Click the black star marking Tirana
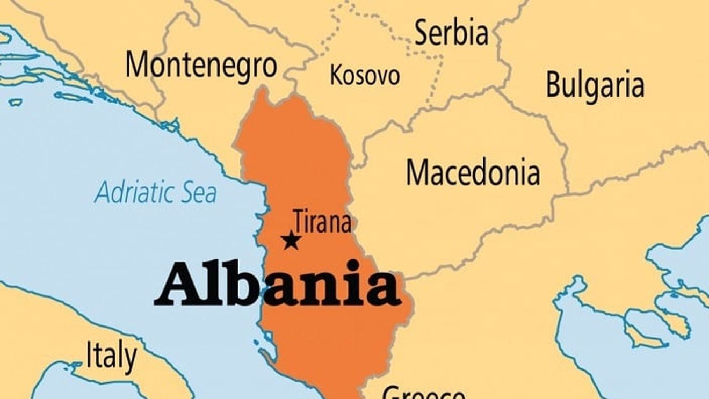click(x=291, y=240)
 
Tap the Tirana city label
click(x=322, y=222)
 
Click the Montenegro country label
click(x=201, y=65)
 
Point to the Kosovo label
click(x=365, y=75)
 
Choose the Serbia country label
click(x=452, y=33)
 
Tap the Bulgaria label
click(x=595, y=85)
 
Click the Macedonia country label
click(x=473, y=173)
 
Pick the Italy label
click(x=111, y=356)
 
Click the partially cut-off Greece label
click(x=423, y=393)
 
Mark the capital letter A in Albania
click(x=176, y=285)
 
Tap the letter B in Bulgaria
click(x=554, y=85)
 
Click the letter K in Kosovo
click(x=336, y=75)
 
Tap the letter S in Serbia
click(x=422, y=33)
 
